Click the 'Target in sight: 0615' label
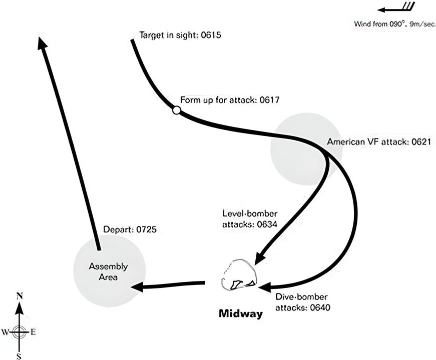point(179,35)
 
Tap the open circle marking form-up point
point(176,110)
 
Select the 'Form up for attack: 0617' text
point(229,100)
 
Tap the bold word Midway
point(241,314)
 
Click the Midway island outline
point(240,275)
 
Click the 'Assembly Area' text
point(108,271)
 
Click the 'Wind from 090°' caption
point(393,23)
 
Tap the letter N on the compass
point(19,296)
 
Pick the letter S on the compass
point(19,355)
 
